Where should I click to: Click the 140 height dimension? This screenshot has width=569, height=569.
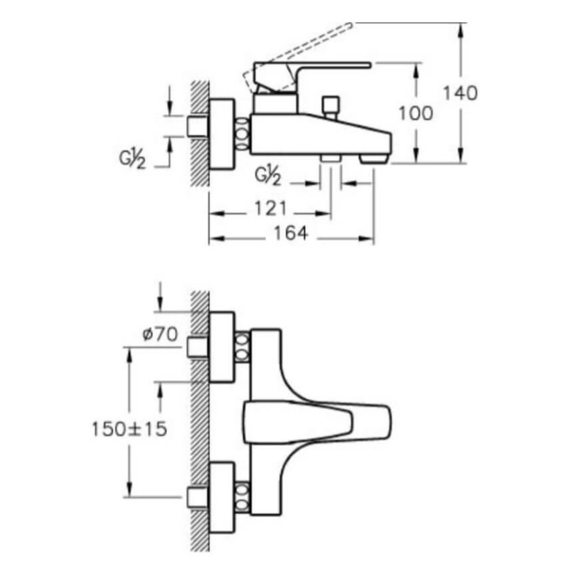(460, 93)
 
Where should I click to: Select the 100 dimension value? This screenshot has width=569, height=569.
(416, 113)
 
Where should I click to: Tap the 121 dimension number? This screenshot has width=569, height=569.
(270, 208)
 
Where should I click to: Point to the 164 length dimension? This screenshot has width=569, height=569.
(291, 233)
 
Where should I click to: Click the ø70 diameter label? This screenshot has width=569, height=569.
(160, 334)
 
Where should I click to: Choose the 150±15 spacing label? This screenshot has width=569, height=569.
(129, 429)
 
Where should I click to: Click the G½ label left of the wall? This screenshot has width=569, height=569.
(132, 159)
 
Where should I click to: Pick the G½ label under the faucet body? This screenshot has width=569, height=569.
(268, 176)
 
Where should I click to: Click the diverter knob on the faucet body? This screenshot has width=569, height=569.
(331, 107)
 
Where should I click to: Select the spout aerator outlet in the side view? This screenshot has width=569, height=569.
(373, 159)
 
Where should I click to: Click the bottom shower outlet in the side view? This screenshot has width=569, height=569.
(330, 158)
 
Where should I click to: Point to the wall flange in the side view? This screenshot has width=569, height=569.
(222, 134)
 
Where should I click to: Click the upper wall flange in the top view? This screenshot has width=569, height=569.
(222, 347)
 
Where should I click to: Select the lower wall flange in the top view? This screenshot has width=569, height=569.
(222, 497)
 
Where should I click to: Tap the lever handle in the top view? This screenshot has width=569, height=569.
(317, 422)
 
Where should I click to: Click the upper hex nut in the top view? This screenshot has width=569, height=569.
(242, 347)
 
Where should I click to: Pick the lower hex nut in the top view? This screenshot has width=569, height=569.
(242, 497)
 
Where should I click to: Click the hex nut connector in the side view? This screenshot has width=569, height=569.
(242, 134)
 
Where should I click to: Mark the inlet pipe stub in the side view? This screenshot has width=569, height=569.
(198, 127)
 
